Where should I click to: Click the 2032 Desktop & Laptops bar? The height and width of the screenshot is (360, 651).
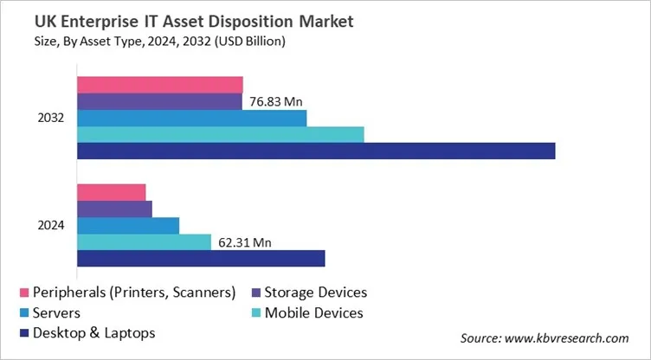point(316,151)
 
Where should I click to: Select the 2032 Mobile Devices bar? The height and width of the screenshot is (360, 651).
point(221,134)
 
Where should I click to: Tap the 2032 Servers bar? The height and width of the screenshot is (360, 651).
point(192,118)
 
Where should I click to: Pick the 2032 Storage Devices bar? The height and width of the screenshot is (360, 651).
point(160,101)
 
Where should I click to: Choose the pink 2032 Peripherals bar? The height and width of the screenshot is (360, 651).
point(160,84)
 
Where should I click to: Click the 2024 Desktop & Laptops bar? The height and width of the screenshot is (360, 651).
point(201,259)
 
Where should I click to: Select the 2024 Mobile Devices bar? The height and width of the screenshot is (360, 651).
point(144,242)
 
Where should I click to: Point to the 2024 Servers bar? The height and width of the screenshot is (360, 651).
point(128,225)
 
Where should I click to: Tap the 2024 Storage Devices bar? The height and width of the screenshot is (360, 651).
point(114,209)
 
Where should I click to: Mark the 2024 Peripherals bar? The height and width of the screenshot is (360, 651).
point(112,192)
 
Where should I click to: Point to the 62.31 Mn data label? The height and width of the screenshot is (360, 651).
point(243,243)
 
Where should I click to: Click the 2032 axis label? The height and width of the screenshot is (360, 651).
point(51,118)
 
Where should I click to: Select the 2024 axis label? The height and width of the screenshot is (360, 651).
point(51,225)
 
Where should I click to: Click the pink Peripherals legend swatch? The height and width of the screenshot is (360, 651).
point(23,293)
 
